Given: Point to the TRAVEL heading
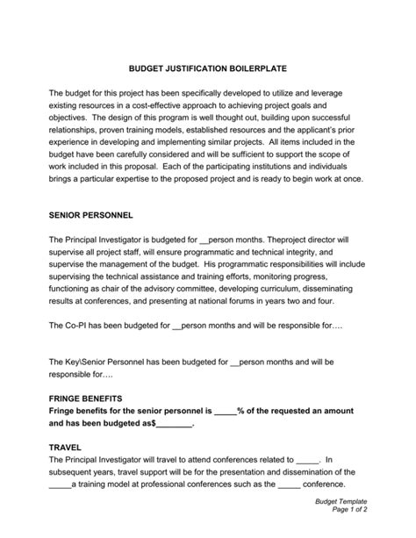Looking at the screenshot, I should coord(67,447).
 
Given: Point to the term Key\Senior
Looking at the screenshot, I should coord(92,361).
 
